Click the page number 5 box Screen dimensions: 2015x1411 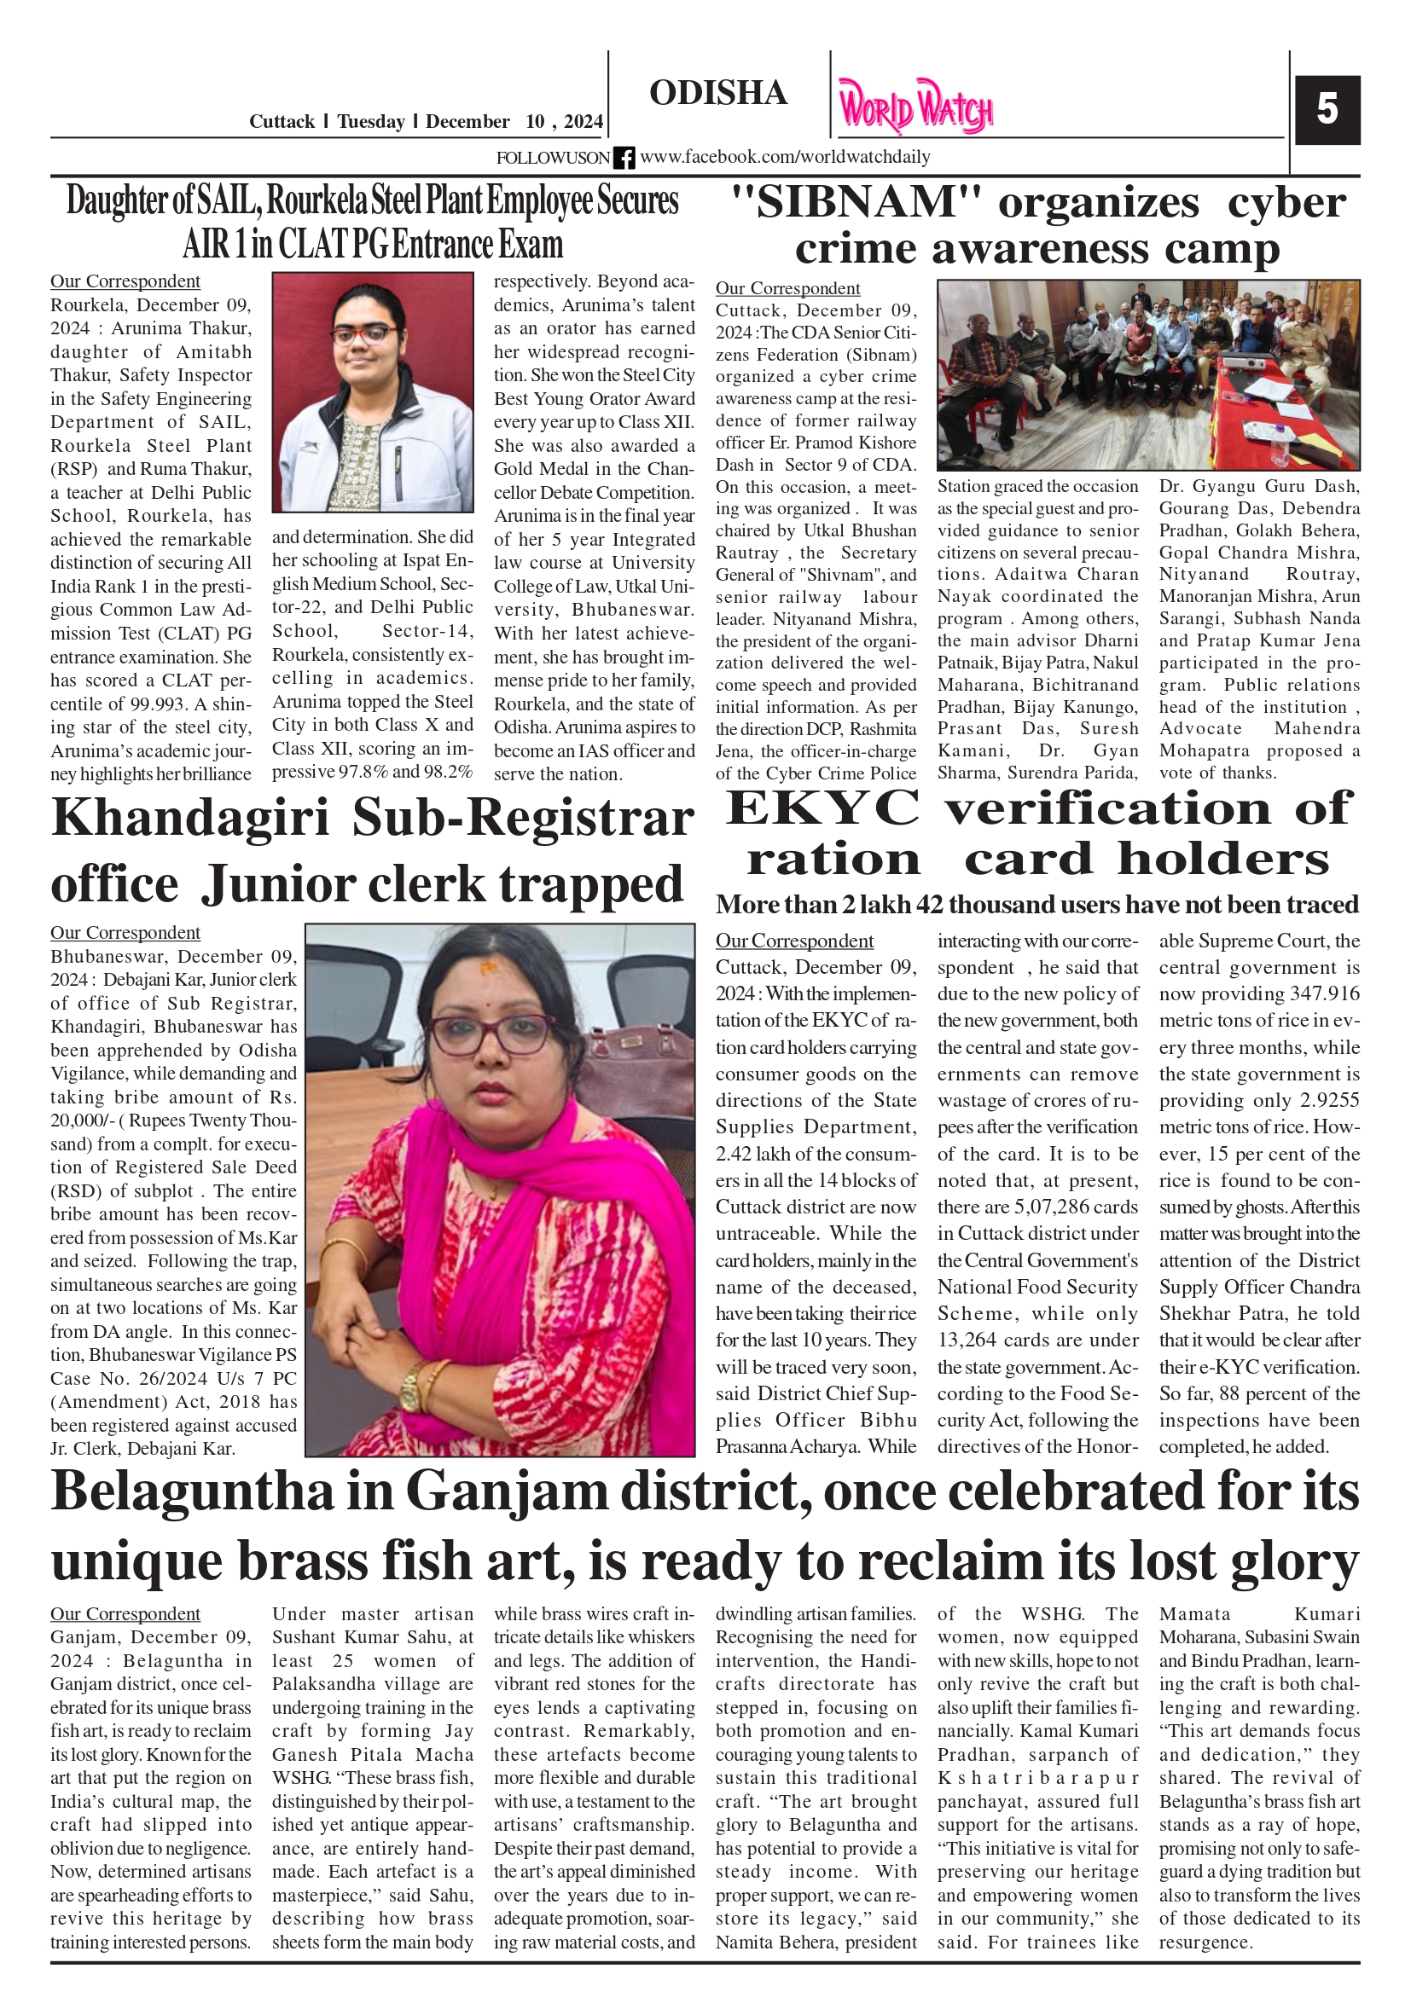[1327, 110]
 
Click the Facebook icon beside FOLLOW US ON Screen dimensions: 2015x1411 [624, 158]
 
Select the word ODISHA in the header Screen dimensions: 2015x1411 [717, 93]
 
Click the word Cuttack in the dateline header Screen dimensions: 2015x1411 [281, 122]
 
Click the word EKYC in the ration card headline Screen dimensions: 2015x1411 [822, 808]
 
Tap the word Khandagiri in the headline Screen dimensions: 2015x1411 [189, 818]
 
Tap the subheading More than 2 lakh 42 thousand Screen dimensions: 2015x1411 [1036, 905]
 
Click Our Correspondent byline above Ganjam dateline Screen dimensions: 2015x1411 [125, 1614]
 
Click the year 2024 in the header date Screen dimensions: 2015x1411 [583, 122]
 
